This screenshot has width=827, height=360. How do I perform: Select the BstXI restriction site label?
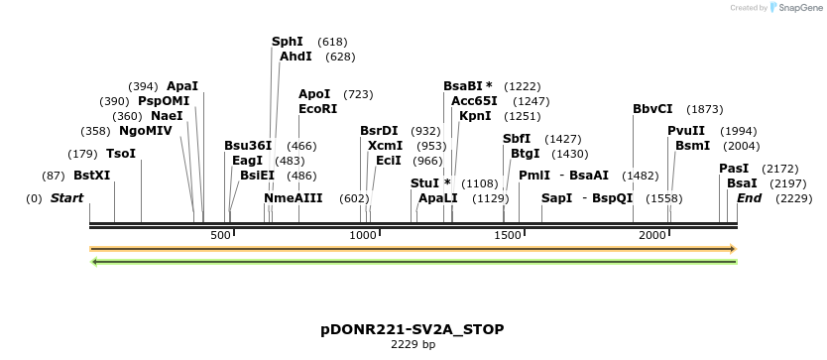(x=91, y=176)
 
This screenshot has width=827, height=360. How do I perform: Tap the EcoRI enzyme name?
(x=317, y=109)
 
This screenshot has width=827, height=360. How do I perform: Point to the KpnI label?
(x=475, y=116)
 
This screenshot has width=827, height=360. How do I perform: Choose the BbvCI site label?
(x=652, y=109)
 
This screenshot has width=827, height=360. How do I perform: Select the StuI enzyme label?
(x=430, y=183)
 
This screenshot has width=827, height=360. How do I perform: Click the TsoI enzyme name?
(x=121, y=154)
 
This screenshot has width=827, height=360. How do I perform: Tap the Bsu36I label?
(x=248, y=146)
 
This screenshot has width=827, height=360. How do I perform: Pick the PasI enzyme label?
(x=734, y=169)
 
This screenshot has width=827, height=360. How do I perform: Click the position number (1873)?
(x=705, y=109)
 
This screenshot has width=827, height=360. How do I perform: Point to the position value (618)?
(x=332, y=42)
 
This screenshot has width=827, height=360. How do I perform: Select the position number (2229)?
(x=793, y=198)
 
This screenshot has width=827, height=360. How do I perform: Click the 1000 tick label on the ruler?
(x=364, y=234)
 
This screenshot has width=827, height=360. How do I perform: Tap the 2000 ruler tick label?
(x=652, y=234)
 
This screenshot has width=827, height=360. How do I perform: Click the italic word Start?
(x=66, y=198)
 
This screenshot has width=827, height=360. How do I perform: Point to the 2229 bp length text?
(x=413, y=345)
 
